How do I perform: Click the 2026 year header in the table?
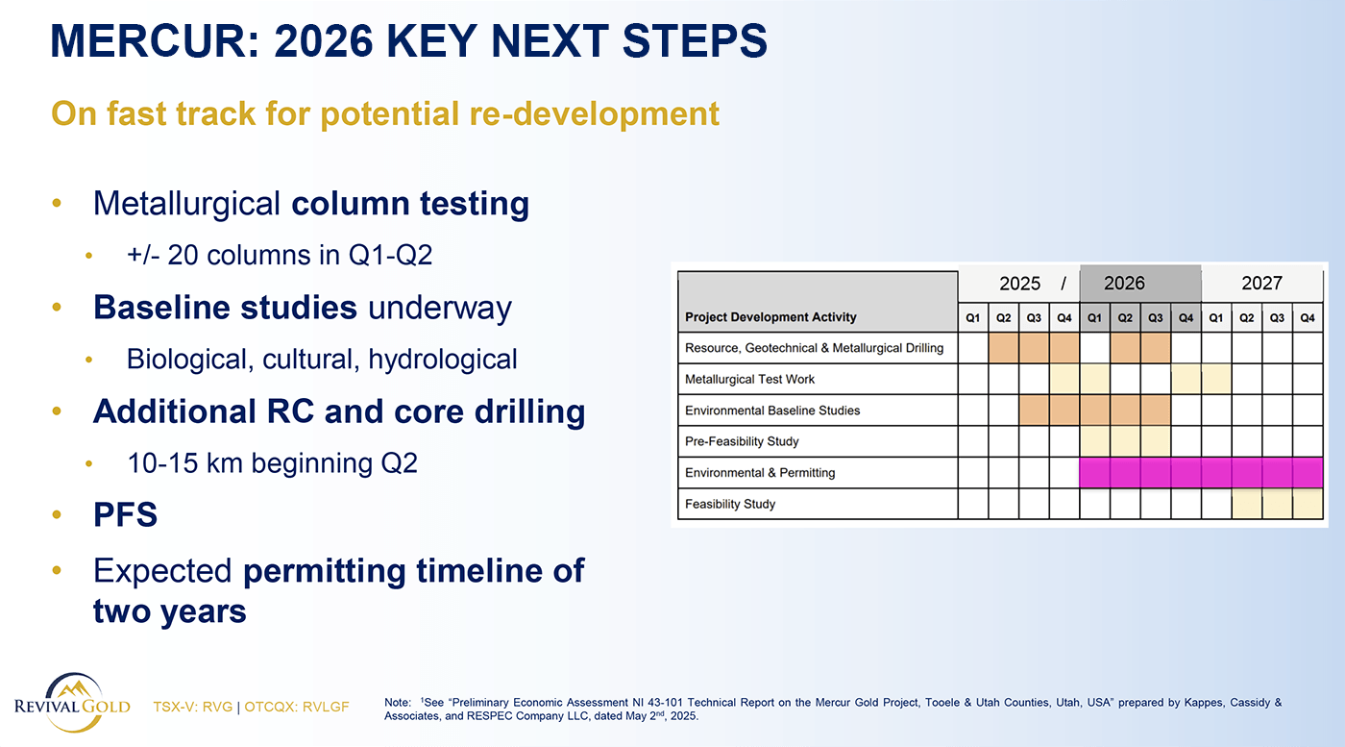[1124, 283]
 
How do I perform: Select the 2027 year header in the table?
[1261, 283]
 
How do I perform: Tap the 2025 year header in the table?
[1019, 283]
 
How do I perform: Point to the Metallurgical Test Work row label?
[749, 379]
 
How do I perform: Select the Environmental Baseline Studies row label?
[772, 411]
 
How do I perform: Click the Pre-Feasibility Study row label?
[742, 441]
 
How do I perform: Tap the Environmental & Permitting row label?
[760, 473]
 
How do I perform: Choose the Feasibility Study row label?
[729, 504]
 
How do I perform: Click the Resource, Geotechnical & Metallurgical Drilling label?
[814, 348]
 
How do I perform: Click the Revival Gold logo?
[72, 703]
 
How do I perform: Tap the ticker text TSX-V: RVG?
[192, 707]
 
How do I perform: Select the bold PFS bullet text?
[125, 514]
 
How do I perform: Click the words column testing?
[410, 204]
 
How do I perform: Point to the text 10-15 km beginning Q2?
[272, 463]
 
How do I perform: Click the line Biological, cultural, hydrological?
[322, 360]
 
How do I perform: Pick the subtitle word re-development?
[594, 114]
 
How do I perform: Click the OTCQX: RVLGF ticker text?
[297, 707]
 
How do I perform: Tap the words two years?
[169, 611]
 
